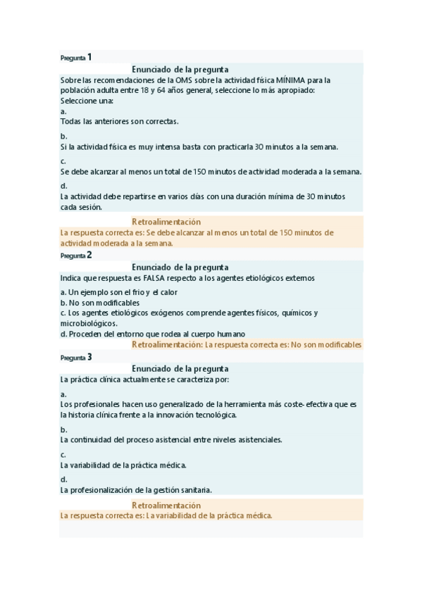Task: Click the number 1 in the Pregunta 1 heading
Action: tap(89, 57)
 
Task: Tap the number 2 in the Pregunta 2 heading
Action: tap(89, 255)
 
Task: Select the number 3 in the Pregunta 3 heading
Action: tap(89, 357)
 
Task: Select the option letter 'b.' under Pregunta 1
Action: tap(63, 136)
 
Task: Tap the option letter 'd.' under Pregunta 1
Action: tap(63, 186)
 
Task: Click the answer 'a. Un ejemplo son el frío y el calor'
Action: tap(118, 291)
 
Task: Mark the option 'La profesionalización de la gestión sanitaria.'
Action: tap(136, 490)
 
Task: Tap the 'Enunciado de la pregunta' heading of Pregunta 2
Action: tap(180, 268)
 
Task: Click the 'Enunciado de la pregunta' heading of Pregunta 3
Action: tap(180, 369)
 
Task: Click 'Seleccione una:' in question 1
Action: tap(87, 101)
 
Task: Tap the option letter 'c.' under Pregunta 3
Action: tap(63, 455)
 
